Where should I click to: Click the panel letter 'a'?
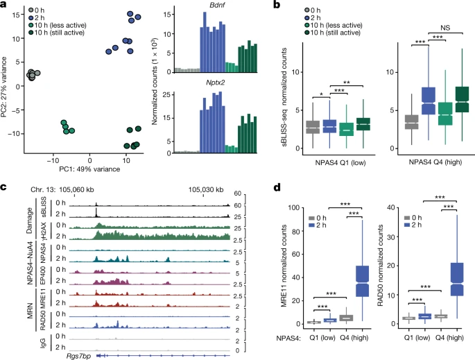[4, 6]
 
